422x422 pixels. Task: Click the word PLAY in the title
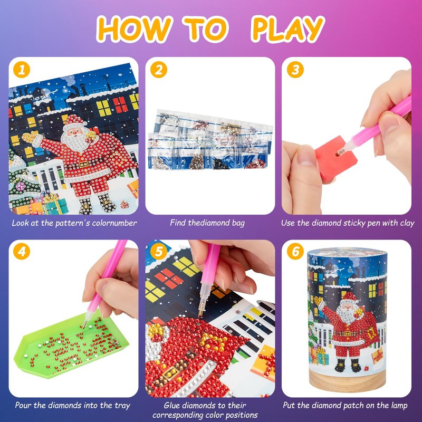(x=287, y=29)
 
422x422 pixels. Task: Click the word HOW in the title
(x=134, y=29)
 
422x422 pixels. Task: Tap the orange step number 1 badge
(x=22, y=70)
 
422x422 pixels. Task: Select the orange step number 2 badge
(x=159, y=70)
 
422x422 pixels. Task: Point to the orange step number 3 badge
(x=295, y=70)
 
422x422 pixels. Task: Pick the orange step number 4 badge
(x=22, y=252)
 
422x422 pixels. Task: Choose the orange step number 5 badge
(x=159, y=252)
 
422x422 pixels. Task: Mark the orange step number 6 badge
(x=295, y=252)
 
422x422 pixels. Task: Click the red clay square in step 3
(x=335, y=158)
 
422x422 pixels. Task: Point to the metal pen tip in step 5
(x=201, y=312)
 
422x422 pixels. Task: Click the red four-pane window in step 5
(x=169, y=279)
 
